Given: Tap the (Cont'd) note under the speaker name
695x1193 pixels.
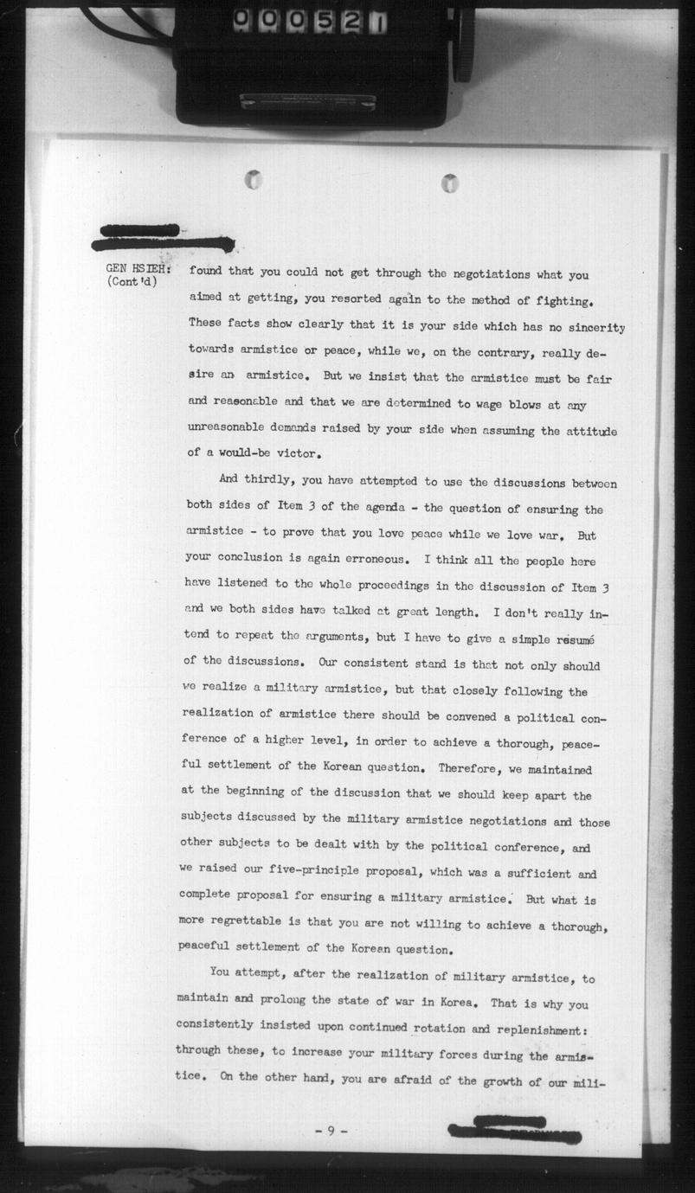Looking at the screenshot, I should (x=132, y=282).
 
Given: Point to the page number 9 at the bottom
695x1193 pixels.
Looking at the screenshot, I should (x=331, y=1132).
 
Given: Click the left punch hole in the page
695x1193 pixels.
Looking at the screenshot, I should (x=253, y=180).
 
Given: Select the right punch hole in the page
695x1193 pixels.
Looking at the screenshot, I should (x=449, y=183).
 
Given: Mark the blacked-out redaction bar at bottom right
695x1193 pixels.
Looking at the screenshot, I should (x=514, y=1129).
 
